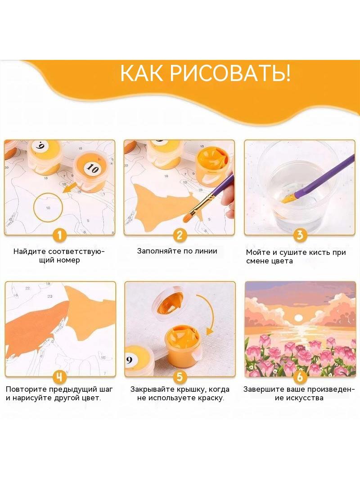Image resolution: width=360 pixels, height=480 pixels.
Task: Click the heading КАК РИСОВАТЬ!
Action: click(205, 73)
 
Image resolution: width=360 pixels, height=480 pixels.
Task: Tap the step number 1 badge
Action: click(60, 235)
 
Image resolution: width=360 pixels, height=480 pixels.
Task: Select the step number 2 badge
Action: click(180, 235)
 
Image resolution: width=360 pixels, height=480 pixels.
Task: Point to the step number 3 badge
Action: click(300, 235)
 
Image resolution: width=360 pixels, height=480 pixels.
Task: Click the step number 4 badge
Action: click(60, 376)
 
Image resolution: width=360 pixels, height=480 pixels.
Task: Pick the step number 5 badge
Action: click(180, 376)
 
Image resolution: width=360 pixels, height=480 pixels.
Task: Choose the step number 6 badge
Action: click(300, 376)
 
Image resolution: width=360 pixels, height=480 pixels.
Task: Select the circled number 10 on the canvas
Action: click(48, 208)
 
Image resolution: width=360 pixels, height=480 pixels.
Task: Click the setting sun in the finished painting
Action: click(297, 319)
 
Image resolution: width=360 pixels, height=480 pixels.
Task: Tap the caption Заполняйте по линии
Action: click(177, 251)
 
